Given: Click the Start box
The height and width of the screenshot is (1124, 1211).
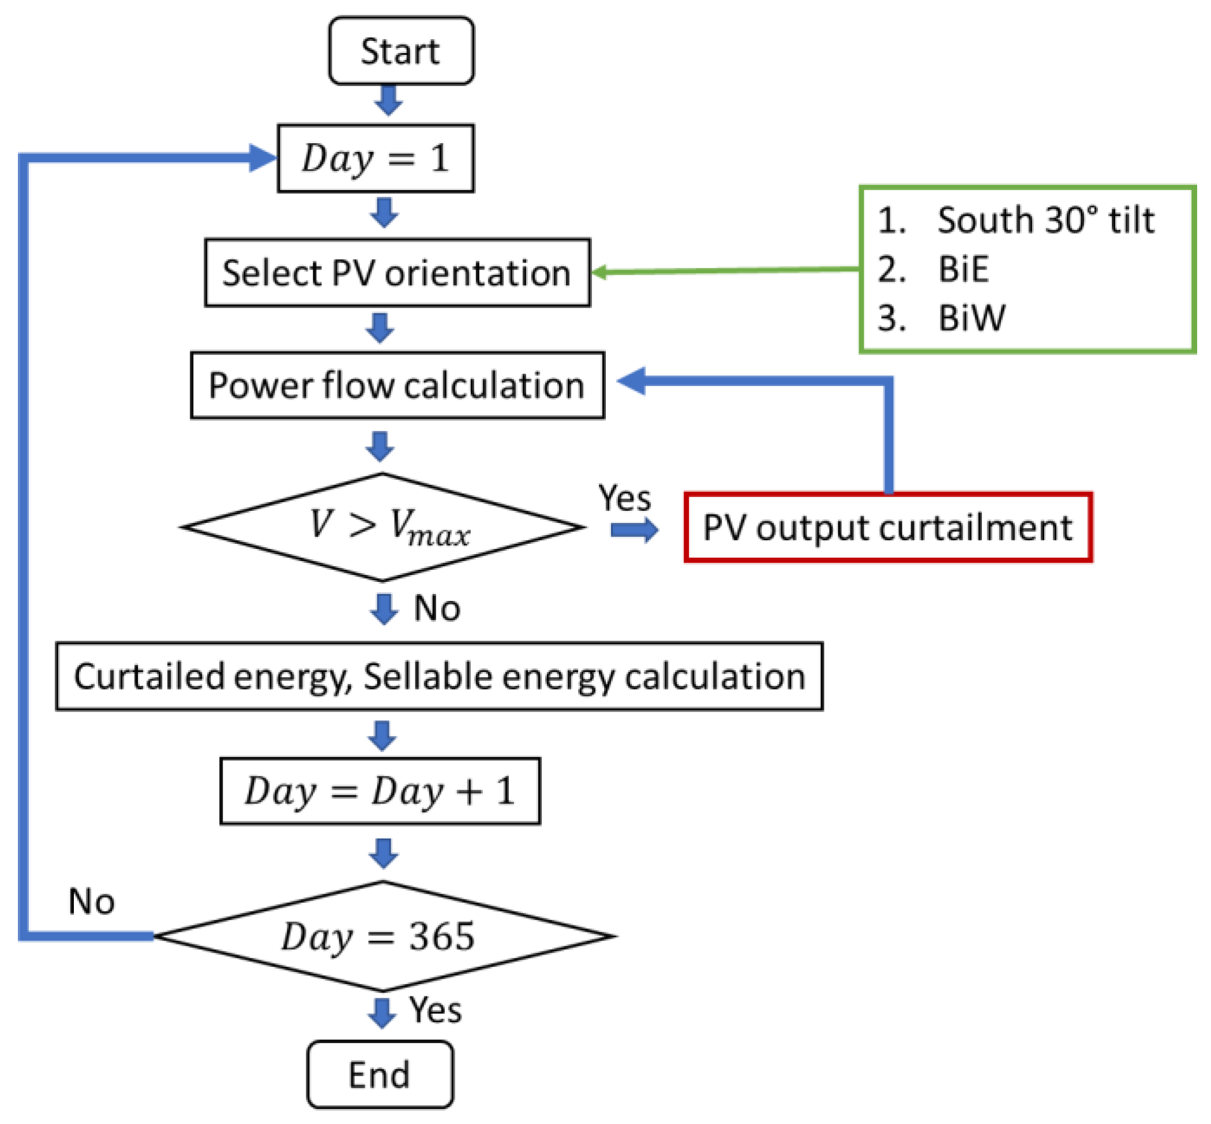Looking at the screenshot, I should (400, 50).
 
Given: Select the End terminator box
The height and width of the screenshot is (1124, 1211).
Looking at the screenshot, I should (380, 1074).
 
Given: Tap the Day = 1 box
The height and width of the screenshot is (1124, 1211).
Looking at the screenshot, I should (375, 158).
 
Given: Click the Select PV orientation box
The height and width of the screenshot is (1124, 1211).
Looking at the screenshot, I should (397, 272).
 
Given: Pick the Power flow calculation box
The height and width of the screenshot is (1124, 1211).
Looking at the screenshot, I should (397, 385).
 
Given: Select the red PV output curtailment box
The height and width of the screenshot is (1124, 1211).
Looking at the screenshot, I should (887, 527).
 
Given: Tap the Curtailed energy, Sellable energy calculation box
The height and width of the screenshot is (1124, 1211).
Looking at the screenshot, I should (439, 677).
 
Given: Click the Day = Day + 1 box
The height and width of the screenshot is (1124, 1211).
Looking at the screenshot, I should (380, 791).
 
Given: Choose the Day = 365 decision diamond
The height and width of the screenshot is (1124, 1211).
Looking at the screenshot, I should (383, 936).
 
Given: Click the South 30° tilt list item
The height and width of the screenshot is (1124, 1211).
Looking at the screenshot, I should (1044, 219).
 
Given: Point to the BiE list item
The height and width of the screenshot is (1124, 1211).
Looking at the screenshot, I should (963, 269).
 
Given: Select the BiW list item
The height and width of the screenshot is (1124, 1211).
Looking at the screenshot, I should (972, 318).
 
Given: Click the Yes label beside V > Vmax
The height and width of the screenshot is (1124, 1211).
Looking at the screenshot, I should (624, 498).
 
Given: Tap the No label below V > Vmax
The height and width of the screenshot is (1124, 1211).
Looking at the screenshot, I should (437, 608).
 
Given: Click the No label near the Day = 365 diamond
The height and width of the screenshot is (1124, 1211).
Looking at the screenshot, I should (91, 901).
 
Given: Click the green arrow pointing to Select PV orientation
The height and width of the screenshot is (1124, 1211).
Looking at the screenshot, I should (723, 270).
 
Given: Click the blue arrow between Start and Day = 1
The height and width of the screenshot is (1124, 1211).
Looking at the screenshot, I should (388, 100).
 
